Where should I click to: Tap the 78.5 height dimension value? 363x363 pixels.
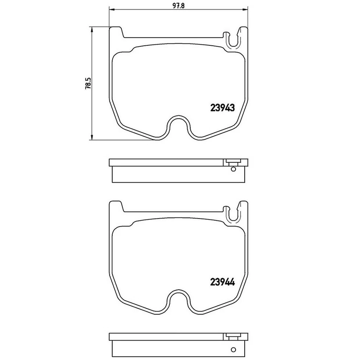tap(88, 83)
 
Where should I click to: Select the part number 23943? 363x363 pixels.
tap(222, 108)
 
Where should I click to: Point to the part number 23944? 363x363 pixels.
tap(222, 282)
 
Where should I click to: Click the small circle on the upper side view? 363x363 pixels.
tap(233, 169)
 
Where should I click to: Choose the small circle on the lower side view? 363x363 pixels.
tap(233, 349)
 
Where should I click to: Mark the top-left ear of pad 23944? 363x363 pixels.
tap(116, 206)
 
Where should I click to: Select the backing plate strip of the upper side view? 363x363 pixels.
tap(166, 163)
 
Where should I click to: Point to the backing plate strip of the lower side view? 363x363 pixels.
tap(166, 337)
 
